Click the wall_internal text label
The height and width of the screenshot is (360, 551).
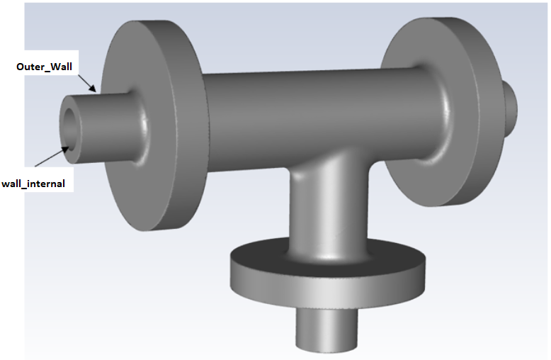[x=33, y=184]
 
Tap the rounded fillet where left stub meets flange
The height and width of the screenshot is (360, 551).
[x=145, y=128]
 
